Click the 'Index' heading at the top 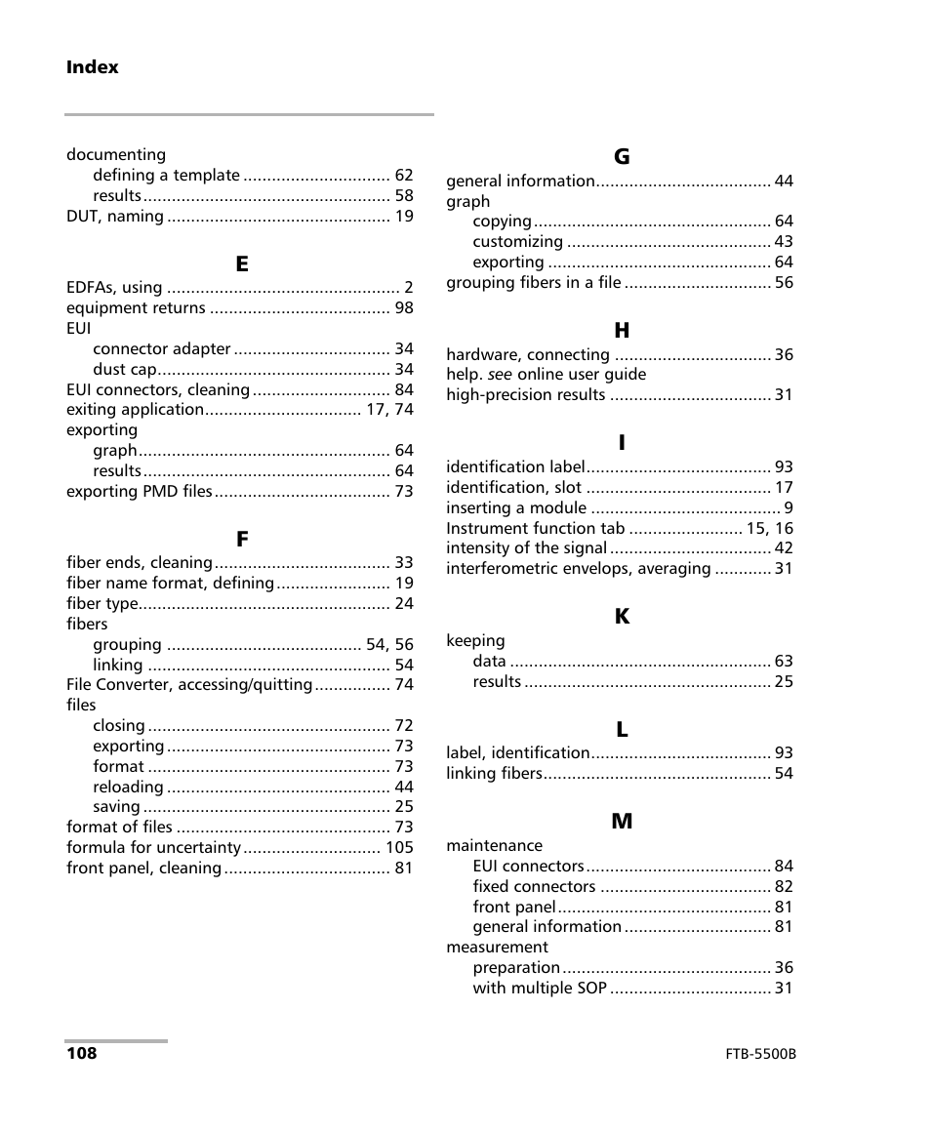click(x=93, y=67)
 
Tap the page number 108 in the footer click(x=82, y=1054)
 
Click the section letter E click(x=241, y=263)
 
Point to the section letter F click(x=241, y=539)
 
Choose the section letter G click(x=621, y=156)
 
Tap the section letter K click(x=621, y=617)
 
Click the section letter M click(x=621, y=822)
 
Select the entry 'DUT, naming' click(x=115, y=217)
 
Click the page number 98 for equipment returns click(x=404, y=308)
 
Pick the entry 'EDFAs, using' click(x=114, y=288)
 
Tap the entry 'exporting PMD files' click(x=139, y=492)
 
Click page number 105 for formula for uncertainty click(x=399, y=848)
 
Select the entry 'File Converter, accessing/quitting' click(x=189, y=685)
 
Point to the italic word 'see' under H click(x=500, y=375)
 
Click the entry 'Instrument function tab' click(x=535, y=529)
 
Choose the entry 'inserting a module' click(x=516, y=508)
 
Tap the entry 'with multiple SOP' click(x=540, y=989)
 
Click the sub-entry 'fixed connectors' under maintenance click(x=534, y=887)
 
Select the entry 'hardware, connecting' click(x=528, y=355)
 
